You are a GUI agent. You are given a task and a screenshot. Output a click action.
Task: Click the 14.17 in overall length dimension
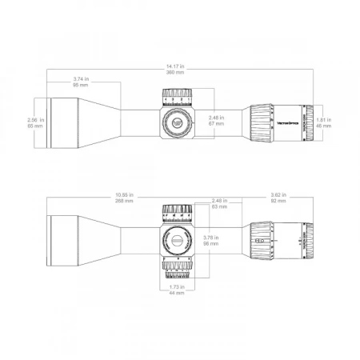[179, 67]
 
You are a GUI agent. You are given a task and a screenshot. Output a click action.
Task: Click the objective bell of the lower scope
[68, 238]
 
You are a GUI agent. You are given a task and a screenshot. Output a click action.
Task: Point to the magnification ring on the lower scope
[262, 238]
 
